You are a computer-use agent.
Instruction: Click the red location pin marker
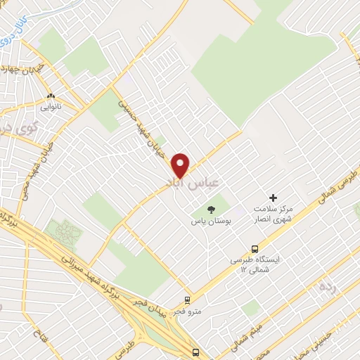click(x=181, y=165)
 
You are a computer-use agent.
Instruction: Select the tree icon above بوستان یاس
click(x=210, y=209)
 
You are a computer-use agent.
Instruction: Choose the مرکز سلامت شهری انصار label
click(x=275, y=214)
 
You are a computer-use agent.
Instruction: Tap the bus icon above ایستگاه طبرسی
click(x=255, y=248)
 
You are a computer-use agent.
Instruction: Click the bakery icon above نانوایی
click(x=50, y=96)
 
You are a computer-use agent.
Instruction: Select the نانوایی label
click(x=50, y=108)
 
